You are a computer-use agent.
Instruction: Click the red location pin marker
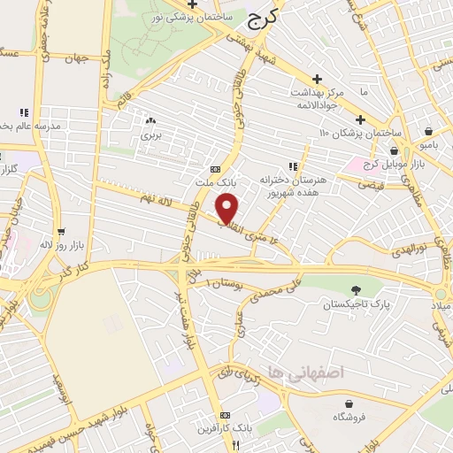point(227,208)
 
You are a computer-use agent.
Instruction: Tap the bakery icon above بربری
point(149,121)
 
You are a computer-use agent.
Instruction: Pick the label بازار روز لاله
point(59,244)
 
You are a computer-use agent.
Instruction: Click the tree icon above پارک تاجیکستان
point(356,289)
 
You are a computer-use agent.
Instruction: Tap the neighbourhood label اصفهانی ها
point(280,374)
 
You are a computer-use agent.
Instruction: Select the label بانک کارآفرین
point(224,429)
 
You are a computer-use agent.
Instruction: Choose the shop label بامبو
point(428,142)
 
